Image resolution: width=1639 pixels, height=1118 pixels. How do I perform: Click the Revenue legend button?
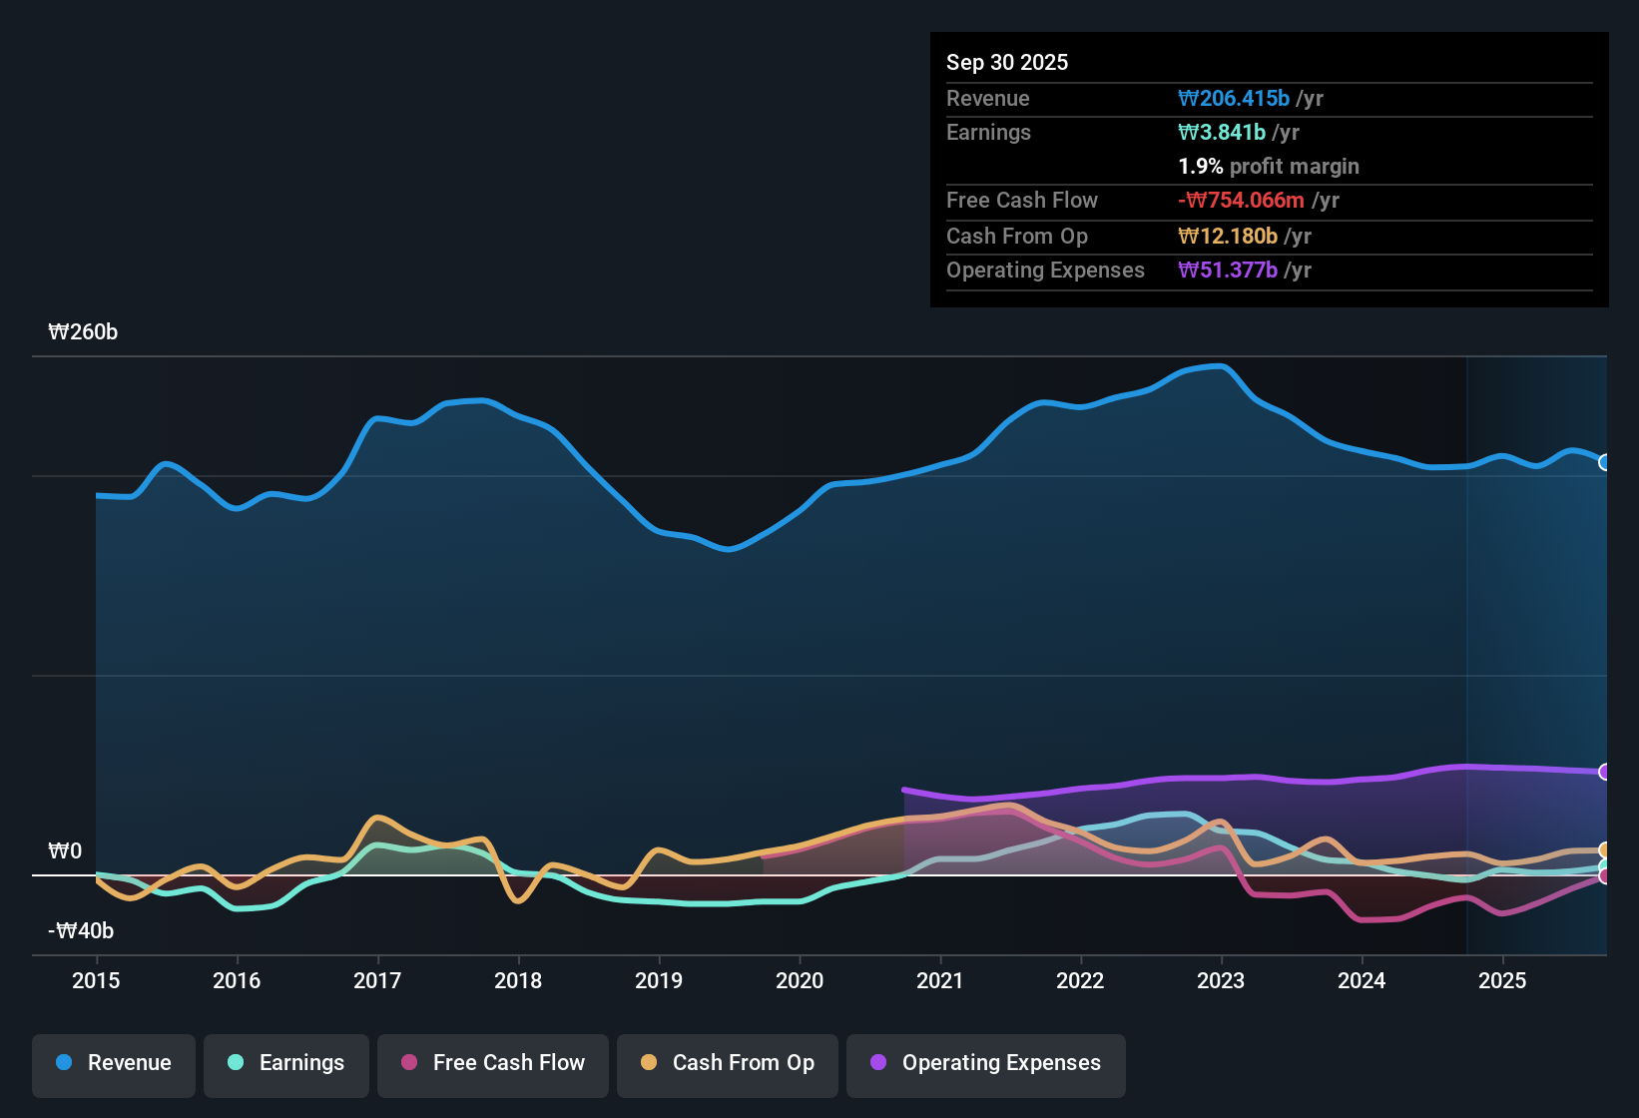click(x=114, y=1063)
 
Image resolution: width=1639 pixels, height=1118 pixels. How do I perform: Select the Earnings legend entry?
click(x=286, y=1063)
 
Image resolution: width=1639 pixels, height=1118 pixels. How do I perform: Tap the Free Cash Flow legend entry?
click(x=493, y=1063)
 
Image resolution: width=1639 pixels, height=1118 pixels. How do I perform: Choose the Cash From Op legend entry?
click(x=728, y=1063)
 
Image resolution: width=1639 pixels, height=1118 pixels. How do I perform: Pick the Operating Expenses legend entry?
click(x=986, y=1063)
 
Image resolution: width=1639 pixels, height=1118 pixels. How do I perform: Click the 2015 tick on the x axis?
click(x=96, y=980)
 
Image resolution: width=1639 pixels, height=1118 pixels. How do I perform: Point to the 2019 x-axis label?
click(x=659, y=980)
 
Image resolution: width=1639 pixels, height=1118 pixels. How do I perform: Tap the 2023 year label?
click(x=1221, y=980)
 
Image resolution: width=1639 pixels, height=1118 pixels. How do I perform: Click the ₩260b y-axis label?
click(x=83, y=332)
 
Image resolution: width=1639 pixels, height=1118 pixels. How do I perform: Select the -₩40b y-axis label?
click(x=81, y=931)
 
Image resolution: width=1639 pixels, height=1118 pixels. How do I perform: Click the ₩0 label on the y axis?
click(x=65, y=851)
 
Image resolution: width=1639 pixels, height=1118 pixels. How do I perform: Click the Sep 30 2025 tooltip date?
click(x=1007, y=62)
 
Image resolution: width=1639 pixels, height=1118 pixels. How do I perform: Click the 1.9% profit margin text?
click(x=1268, y=166)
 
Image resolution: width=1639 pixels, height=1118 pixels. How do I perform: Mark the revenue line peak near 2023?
click(x=1221, y=366)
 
